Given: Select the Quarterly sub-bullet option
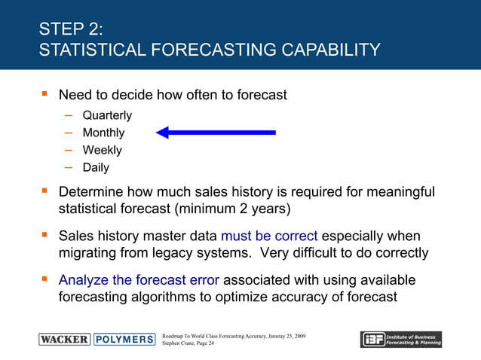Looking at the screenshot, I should tap(107, 115).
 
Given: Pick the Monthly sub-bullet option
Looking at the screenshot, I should tap(103, 133).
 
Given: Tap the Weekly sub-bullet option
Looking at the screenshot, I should tap(102, 150).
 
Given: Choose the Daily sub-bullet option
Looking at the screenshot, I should tap(96, 167).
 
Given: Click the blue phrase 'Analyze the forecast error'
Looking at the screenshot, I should tap(139, 280).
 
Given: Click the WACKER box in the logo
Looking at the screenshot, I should tap(64, 339).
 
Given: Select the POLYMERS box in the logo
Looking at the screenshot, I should tap(124, 339).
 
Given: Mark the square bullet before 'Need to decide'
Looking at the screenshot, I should tap(43, 96).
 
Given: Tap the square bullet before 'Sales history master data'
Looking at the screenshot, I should tap(43, 236).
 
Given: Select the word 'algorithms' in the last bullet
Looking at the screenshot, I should tap(180, 297).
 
